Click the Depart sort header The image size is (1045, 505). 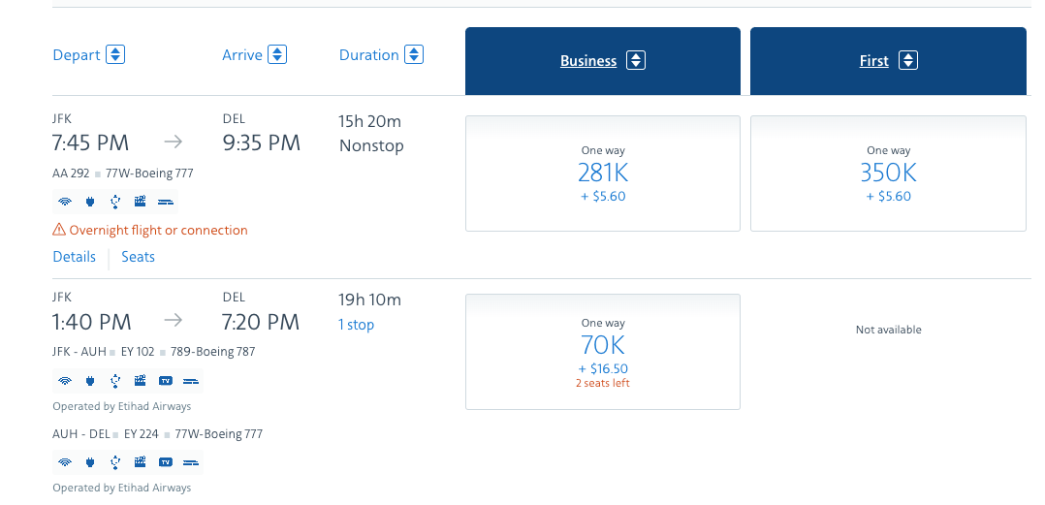point(77,55)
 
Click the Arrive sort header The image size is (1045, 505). point(242,55)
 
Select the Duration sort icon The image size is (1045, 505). point(414,55)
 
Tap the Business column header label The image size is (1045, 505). point(588,61)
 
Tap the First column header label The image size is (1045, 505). point(873,61)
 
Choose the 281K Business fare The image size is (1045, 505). point(603,174)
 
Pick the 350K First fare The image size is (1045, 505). point(888,174)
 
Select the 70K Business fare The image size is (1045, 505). point(603,345)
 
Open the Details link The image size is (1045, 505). point(75,257)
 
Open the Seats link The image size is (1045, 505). point(138,257)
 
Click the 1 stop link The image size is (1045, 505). point(357,325)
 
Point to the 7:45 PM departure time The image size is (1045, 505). point(90,143)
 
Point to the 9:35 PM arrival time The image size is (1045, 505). point(261,143)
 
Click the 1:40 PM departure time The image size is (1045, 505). point(91,322)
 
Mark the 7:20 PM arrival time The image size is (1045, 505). point(261,322)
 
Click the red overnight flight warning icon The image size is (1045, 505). point(59,230)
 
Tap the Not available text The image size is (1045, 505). point(888,330)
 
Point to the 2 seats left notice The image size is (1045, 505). point(603,383)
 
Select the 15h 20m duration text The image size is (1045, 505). point(370,121)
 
